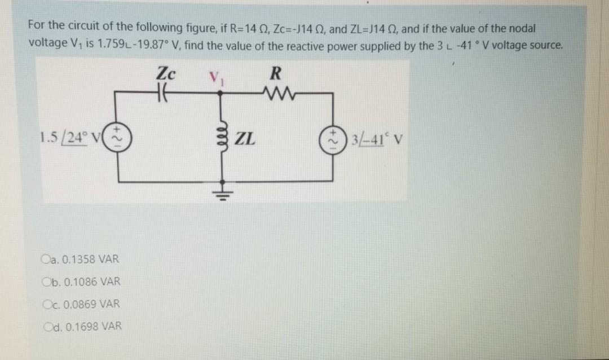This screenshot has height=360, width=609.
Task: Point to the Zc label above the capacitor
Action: pos(165,74)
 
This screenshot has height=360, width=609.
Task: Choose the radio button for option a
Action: pos(46,260)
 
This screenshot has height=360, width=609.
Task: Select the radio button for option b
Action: pos(46,282)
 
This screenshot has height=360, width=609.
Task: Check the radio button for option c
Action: pos(46,304)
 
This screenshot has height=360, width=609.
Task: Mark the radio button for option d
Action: pos(46,326)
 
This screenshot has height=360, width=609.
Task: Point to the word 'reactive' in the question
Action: pos(329,45)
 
